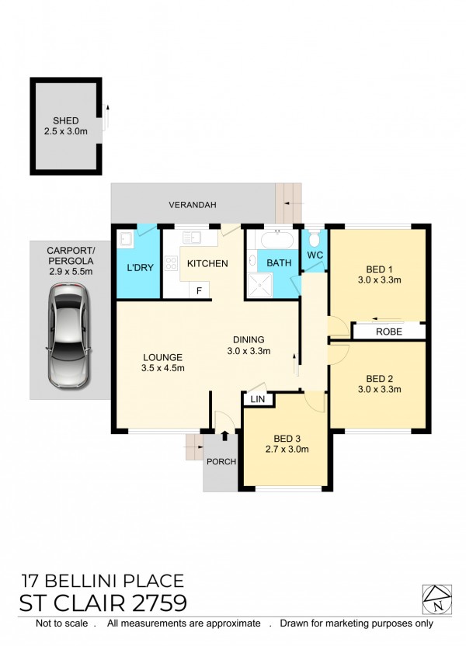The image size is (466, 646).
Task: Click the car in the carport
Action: click(68, 335)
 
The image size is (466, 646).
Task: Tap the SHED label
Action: click(65, 120)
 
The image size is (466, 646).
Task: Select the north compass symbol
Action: click(437, 599)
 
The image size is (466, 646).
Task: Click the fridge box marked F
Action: click(199, 290)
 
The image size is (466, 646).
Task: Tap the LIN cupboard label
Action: click(258, 399)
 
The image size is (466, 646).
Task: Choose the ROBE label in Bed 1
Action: click(388, 332)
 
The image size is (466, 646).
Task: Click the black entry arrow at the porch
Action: click(224, 436)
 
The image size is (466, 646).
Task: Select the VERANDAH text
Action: click(193, 205)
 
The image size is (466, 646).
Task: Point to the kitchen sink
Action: click(192, 238)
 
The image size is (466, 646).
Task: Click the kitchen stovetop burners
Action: click(171, 263)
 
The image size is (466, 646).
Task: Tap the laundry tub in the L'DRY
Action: click(125, 239)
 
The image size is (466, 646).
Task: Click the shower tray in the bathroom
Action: click(259, 285)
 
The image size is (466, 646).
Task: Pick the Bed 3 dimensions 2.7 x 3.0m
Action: click(287, 450)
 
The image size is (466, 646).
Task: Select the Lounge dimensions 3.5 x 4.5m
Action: click(162, 368)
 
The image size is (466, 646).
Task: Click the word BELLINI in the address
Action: click(91, 581)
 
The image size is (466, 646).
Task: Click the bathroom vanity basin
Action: click(252, 260)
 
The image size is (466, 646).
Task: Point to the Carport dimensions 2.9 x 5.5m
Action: click(71, 272)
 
